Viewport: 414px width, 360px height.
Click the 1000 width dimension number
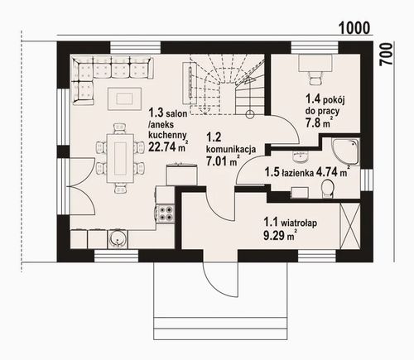tap(354, 28)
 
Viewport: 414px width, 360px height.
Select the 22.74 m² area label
tap(168, 146)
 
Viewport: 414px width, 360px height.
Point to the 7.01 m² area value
tap(223, 161)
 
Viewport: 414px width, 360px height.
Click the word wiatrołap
tap(298, 223)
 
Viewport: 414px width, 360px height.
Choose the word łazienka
tap(297, 173)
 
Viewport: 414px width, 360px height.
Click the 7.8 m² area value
tap(319, 122)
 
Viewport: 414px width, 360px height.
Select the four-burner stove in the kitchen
tap(166, 213)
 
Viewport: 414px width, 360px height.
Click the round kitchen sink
tap(118, 238)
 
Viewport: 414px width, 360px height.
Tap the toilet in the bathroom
tap(328, 189)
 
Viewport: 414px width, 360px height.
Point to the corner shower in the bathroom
tap(346, 151)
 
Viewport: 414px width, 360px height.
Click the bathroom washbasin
tap(300, 157)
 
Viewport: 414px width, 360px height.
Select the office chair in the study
tap(315, 77)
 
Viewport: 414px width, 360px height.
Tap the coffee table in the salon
tap(124, 98)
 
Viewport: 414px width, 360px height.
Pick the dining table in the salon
tap(120, 159)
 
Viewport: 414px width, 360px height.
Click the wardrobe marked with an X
tap(350, 226)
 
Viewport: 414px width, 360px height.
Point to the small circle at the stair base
tap(250, 114)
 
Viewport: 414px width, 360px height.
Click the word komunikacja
tap(231, 150)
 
